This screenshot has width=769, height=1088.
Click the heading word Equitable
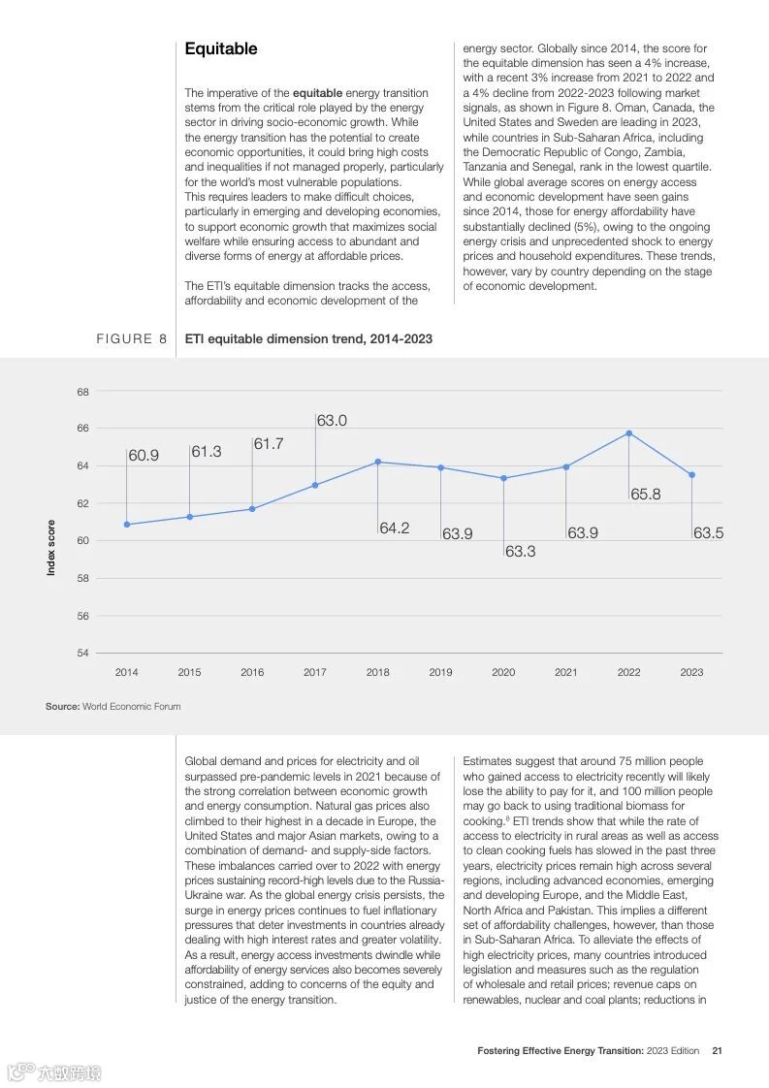tap(221, 48)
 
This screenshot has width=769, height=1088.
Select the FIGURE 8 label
tap(131, 338)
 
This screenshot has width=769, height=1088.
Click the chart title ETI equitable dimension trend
tap(308, 338)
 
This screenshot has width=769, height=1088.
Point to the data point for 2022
tap(628, 432)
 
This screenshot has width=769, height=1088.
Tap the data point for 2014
tap(126, 525)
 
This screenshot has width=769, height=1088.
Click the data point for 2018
tap(377, 462)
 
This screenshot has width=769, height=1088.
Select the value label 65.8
tap(645, 495)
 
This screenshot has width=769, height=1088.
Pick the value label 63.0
tap(332, 421)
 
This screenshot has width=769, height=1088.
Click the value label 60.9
tap(144, 455)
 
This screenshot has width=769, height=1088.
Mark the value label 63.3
tap(520, 551)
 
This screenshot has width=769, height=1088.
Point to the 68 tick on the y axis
tap(82, 392)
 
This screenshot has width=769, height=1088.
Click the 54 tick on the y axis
tap(82, 653)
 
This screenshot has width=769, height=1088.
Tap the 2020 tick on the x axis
tap(503, 672)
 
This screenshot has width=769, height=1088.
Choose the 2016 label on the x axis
tap(252, 672)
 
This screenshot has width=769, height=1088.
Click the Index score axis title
tap(51, 548)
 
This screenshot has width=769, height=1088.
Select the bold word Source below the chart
tap(61, 706)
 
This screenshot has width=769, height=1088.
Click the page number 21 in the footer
tap(717, 1050)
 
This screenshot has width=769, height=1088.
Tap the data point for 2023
tap(691, 474)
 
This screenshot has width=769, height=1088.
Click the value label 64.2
tap(394, 528)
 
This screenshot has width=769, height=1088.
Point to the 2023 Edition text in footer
tap(672, 1050)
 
